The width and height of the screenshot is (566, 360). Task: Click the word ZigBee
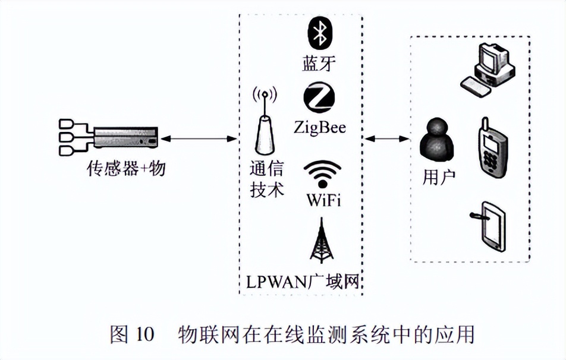[x=319, y=127]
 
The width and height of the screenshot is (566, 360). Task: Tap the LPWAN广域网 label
[x=303, y=282]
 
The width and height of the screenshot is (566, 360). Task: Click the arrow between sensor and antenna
[x=199, y=139]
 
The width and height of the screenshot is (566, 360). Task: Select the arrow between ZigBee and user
[x=387, y=139]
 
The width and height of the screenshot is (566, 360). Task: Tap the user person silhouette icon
[x=436, y=141]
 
